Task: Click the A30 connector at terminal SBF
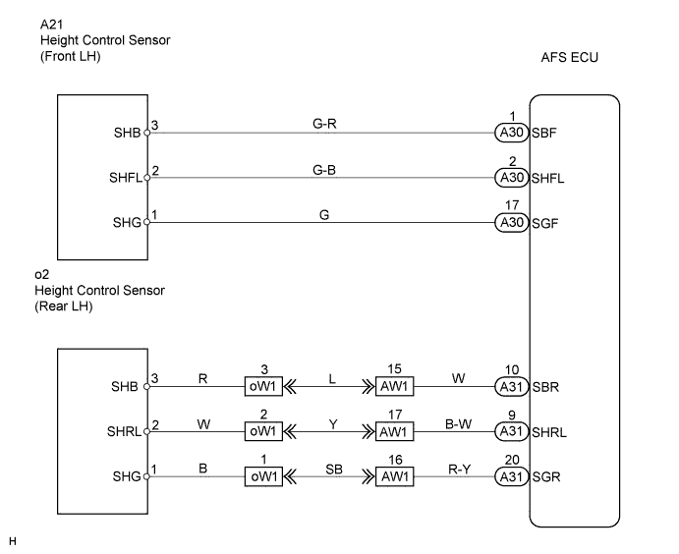coord(510,132)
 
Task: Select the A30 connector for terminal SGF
coord(510,223)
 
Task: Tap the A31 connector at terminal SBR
coord(510,385)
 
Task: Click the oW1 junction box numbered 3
coord(263,385)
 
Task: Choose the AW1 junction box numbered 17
coord(394,430)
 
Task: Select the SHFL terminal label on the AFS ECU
coord(548,178)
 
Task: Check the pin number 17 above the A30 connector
coord(510,206)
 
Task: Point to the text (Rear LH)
coord(68,306)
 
